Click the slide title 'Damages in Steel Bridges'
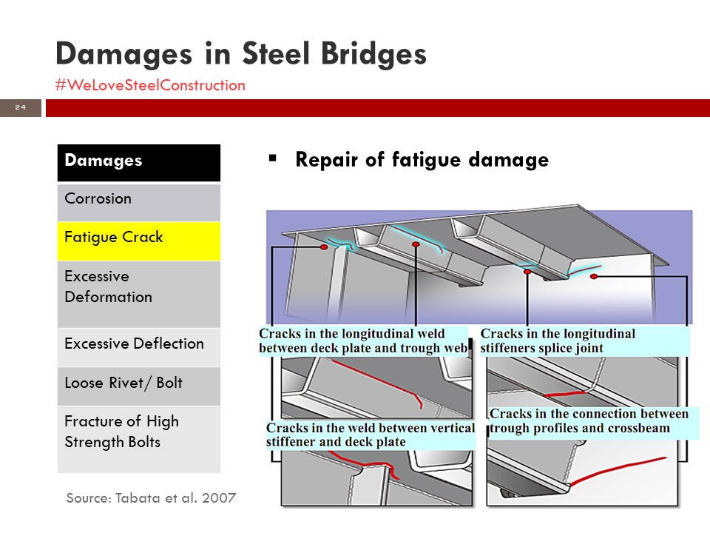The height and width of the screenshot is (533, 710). [241, 54]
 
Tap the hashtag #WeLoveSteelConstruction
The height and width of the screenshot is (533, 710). [150, 85]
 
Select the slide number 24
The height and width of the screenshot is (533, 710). [21, 107]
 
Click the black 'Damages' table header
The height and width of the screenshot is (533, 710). [139, 163]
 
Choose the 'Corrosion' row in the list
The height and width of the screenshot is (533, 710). [139, 202]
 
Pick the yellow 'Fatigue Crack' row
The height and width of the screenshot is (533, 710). [139, 241]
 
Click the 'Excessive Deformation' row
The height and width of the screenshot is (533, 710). [139, 294]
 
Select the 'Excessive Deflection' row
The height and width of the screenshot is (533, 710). [139, 346]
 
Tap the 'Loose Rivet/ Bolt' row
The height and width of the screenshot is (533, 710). [139, 386]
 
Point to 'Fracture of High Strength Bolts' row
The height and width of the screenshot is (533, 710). [139, 439]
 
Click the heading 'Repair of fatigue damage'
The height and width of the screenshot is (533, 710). [422, 160]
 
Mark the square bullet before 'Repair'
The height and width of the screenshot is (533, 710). [272, 158]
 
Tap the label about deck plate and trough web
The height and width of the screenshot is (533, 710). [363, 341]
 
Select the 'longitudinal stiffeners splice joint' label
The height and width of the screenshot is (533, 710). [558, 341]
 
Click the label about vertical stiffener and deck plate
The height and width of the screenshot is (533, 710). [371, 435]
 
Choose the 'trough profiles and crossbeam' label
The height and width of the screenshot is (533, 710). [589, 420]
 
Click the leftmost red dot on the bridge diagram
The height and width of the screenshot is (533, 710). [324, 247]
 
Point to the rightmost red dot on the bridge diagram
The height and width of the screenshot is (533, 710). [594, 276]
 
